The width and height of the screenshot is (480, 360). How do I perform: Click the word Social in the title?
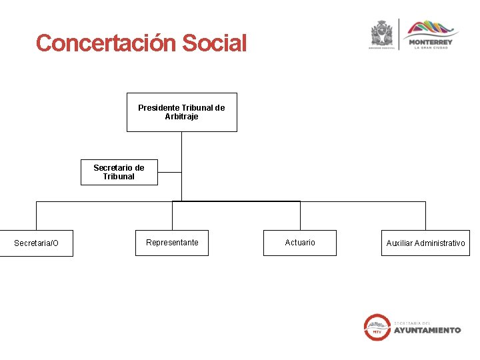tap(214, 43)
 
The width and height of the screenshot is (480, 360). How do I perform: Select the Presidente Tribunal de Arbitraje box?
tap(181, 112)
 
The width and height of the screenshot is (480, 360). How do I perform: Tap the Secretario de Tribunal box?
tap(119, 172)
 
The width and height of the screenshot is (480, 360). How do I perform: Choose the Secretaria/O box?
tap(36, 243)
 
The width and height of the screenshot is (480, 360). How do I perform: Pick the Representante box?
tap(172, 243)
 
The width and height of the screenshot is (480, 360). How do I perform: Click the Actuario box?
tap(300, 243)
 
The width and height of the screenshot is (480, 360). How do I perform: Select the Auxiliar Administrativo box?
tap(425, 243)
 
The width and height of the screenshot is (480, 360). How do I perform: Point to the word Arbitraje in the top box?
tap(181, 117)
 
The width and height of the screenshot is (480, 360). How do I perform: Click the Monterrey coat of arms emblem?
tap(382, 33)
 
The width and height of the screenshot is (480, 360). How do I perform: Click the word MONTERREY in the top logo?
tap(430, 41)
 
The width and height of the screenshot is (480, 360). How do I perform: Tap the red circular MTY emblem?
tap(377, 327)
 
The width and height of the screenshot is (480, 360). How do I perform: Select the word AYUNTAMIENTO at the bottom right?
tap(427, 330)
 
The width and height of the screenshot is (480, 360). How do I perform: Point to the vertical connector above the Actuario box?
tap(300, 215)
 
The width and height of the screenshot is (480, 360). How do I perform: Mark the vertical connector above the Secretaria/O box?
tap(36, 215)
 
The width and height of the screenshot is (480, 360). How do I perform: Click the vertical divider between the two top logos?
tap(399, 35)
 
